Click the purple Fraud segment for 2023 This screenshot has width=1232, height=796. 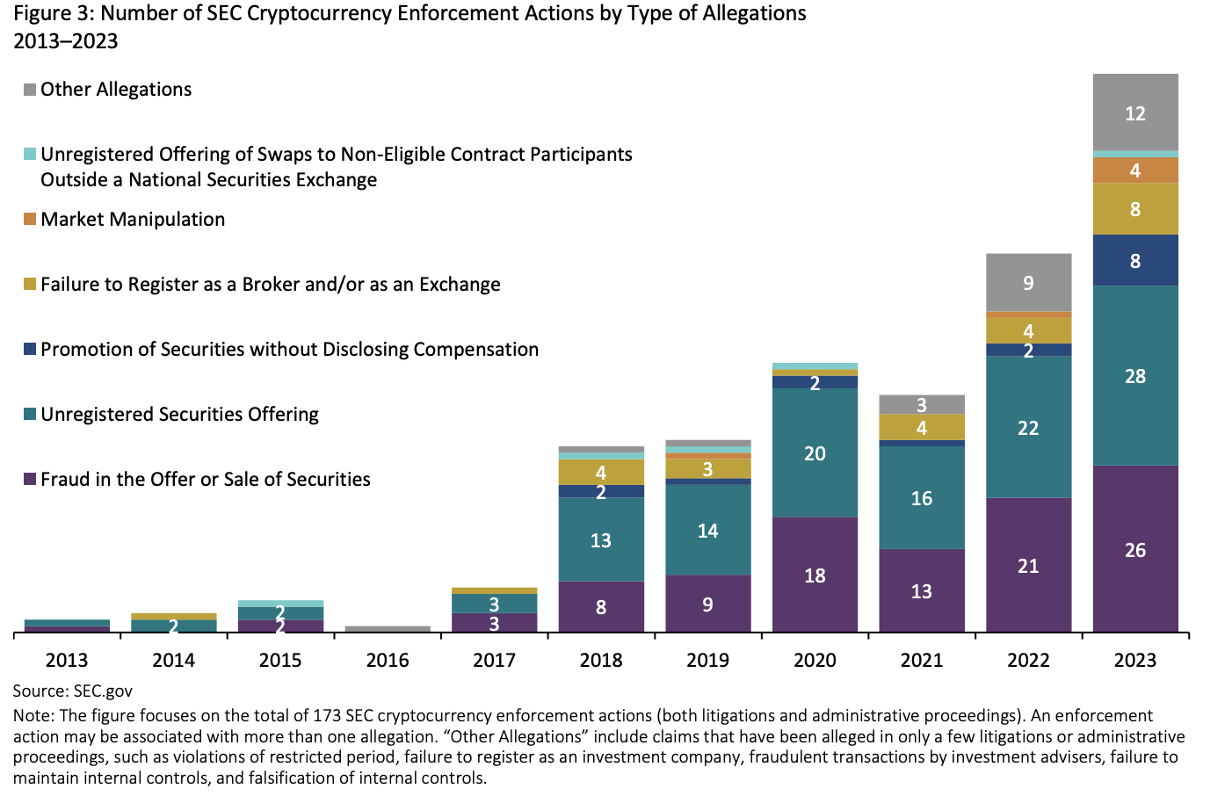point(1135,549)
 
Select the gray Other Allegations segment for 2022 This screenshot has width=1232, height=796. point(1028,282)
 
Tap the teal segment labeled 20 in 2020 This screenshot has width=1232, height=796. point(815,452)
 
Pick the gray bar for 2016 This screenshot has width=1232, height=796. point(388,629)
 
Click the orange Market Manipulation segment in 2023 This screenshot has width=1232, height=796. point(1135,170)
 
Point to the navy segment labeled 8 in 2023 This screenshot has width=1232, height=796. point(1135,261)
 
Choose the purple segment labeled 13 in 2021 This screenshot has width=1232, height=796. point(921,591)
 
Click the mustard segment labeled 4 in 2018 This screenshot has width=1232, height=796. point(601,472)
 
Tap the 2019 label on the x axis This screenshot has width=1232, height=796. point(707,660)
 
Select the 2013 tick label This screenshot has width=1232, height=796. point(67,660)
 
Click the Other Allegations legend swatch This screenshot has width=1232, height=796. point(30,90)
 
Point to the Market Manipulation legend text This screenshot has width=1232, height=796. point(133,220)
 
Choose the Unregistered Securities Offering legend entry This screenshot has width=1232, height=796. point(179,415)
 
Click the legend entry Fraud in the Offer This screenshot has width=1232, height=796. point(206,480)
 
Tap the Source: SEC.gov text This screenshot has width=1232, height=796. point(73,691)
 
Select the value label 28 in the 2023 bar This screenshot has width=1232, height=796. point(1135,376)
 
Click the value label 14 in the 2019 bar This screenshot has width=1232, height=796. point(707,531)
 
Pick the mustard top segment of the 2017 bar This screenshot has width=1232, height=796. point(494,590)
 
